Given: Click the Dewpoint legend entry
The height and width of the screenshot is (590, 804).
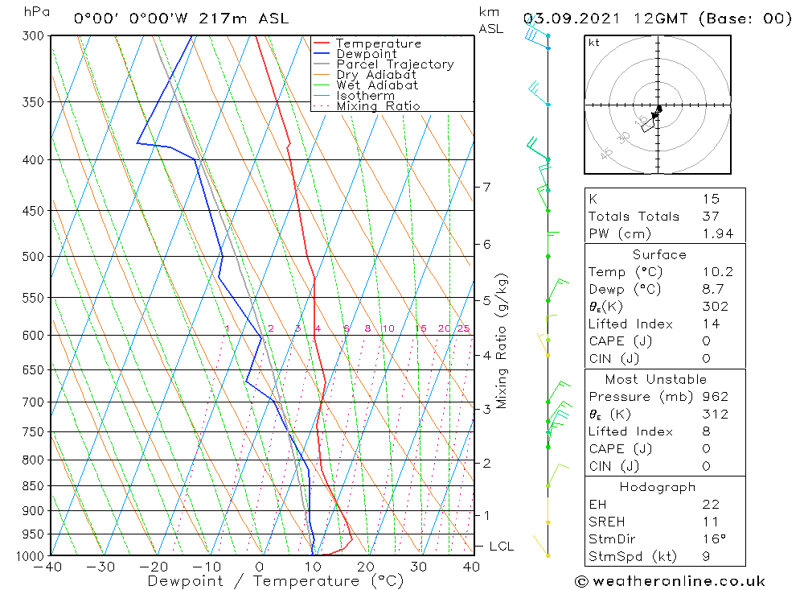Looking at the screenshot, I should [x=366, y=54].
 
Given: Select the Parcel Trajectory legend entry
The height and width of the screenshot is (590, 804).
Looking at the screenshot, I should [x=395, y=64].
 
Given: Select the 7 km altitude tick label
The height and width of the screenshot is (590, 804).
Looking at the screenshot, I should [x=486, y=187].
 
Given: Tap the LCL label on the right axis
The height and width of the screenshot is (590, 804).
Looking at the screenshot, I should [x=501, y=547].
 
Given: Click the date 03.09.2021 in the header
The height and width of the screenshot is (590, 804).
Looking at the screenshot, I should [x=565, y=19].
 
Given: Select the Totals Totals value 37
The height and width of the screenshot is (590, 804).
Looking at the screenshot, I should [x=710, y=217].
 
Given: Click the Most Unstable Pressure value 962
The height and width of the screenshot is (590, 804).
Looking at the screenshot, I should [x=715, y=397].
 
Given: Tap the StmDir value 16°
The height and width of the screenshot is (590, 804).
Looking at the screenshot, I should [x=712, y=539].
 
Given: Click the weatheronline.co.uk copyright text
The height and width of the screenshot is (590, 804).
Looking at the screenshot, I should [x=670, y=581].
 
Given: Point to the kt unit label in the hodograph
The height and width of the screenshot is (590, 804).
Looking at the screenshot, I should [x=594, y=43].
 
